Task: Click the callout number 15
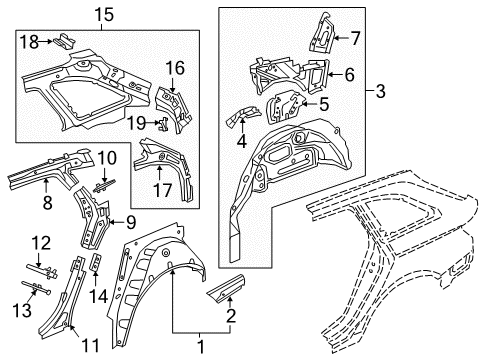[104, 15]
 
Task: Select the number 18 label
[29, 42]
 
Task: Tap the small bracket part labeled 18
[64, 40]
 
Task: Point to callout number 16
[175, 68]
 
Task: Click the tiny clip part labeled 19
[163, 124]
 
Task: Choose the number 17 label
[163, 190]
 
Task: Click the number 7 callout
[356, 38]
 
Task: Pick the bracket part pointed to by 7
[323, 33]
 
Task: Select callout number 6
[349, 74]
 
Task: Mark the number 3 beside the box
[380, 91]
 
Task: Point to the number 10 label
[107, 158]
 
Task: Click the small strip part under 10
[104, 186]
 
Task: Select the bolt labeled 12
[42, 270]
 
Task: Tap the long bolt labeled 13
[36, 287]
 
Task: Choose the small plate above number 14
[96, 262]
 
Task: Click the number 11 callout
[90, 346]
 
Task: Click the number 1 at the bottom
[201, 347]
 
